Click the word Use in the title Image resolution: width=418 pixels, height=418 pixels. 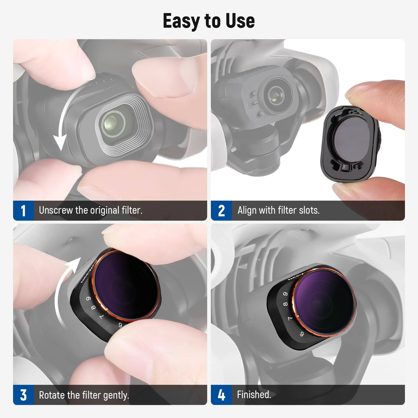240,21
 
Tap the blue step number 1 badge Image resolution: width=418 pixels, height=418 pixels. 23,211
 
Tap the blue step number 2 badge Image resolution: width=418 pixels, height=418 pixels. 221,211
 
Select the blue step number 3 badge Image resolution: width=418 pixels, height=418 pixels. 23,395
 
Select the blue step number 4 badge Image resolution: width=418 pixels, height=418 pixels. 221,395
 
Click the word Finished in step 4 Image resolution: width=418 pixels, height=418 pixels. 254,394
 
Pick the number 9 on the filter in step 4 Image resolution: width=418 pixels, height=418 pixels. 286,294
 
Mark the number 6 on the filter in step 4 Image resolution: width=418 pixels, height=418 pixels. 302,334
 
